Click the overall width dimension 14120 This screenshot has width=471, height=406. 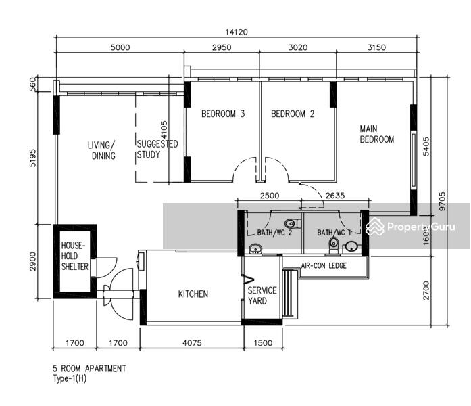(x=237, y=32)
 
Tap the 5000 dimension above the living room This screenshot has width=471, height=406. (x=120, y=47)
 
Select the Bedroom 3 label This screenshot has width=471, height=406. (x=223, y=114)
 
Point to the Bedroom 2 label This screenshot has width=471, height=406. (x=293, y=114)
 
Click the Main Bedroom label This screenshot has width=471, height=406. (x=376, y=134)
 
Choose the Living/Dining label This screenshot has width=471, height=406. (x=101, y=150)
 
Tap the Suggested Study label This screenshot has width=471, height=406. (x=157, y=149)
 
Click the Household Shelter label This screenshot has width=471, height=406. (x=75, y=256)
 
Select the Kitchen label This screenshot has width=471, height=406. (x=193, y=294)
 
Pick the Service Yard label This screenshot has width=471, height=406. (x=262, y=296)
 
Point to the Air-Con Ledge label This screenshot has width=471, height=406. (x=324, y=265)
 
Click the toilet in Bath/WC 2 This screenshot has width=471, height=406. (x=293, y=223)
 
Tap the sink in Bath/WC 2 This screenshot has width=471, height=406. (x=255, y=249)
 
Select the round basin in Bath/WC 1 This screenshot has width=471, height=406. (x=351, y=247)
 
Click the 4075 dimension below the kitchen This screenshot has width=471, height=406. (x=192, y=343)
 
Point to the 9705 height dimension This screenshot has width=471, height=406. (x=442, y=202)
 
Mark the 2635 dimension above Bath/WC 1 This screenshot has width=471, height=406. (x=335, y=196)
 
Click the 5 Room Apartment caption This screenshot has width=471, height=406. (x=89, y=369)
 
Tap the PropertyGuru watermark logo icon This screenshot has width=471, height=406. (x=375, y=226)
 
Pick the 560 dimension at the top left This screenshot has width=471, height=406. (x=32, y=84)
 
